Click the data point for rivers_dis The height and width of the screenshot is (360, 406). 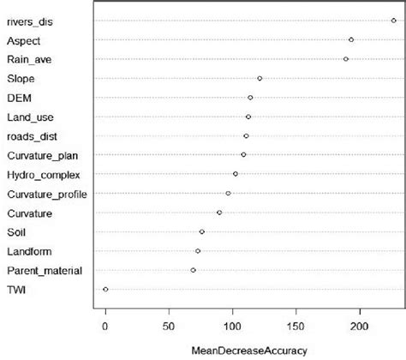tap(393, 20)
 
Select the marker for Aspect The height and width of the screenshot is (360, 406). tap(351, 39)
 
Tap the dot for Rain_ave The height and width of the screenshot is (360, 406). tap(346, 58)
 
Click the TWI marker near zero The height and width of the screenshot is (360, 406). tap(105, 289)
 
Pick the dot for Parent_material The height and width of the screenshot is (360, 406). tap(194, 270)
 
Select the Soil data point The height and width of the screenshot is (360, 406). tap(202, 231)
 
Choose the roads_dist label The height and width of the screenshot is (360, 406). tap(33, 136)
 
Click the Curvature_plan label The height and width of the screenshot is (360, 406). tap(43, 155)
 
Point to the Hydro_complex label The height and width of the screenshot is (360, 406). tap(44, 175)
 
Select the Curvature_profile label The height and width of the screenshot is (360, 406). tap(47, 194)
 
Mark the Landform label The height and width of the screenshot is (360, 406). tap(30, 251)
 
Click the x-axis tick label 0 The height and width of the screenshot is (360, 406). tap(105, 327)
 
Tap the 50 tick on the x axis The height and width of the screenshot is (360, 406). tap(169, 327)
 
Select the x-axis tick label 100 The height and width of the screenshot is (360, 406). tap(232, 327)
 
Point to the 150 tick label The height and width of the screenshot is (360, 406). tap(296, 327)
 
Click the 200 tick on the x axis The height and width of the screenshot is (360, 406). tap(360, 327)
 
